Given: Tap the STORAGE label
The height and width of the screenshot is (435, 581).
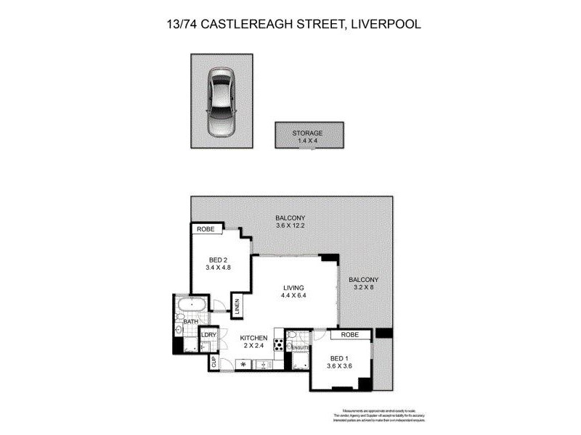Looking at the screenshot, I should (307, 133).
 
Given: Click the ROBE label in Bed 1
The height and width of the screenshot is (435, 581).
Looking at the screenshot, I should (349, 336).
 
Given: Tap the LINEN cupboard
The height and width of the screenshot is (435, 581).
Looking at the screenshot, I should (237, 305).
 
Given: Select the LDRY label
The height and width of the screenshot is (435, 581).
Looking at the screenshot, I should (209, 335).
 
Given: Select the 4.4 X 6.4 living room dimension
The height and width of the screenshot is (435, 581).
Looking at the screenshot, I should (293, 297).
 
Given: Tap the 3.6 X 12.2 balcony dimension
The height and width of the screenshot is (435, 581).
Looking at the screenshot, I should (290, 226).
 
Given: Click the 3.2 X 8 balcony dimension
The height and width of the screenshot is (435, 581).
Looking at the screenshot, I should (363, 288).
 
